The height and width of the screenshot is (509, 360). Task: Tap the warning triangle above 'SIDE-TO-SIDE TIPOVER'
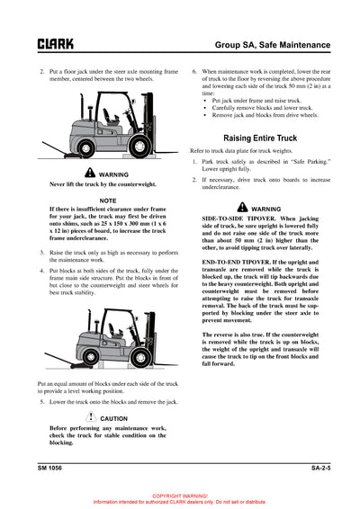[x=230, y=208]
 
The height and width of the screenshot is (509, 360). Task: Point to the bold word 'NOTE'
[x=107, y=200]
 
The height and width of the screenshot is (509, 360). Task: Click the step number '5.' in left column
[x=41, y=401]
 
